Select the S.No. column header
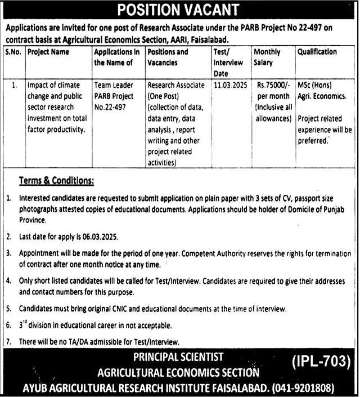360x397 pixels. (x=14, y=52)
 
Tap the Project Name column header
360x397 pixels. (x=48, y=52)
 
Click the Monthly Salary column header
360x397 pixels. (x=267, y=57)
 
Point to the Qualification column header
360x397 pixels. (x=318, y=52)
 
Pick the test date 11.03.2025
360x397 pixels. (x=229, y=86)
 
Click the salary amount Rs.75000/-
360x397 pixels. (x=273, y=86)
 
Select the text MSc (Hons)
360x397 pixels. (x=316, y=86)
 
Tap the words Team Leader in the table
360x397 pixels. (x=114, y=86)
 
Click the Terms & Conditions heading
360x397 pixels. (x=56, y=181)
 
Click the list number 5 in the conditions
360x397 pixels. (x=8, y=309)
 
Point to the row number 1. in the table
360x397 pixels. (x=14, y=86)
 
